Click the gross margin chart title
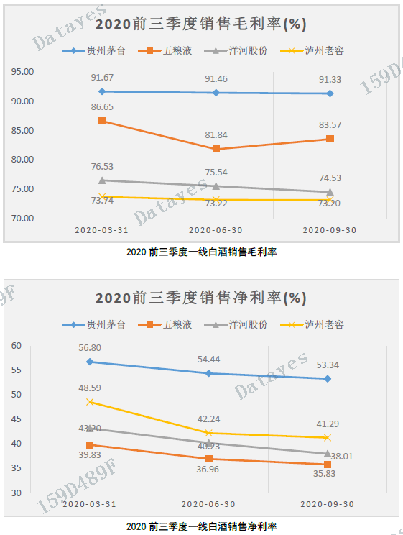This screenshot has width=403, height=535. coord(201,24)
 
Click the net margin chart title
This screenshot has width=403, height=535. coord(201,297)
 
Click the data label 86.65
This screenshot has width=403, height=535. coord(102,106)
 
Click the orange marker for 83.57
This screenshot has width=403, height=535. coord(330,139)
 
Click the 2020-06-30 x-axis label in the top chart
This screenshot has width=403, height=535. coord(216,229)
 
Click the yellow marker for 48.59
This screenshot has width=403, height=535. coord(91,402)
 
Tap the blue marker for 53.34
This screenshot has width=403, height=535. coord(328,379)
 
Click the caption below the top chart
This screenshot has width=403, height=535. coord(201,252)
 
